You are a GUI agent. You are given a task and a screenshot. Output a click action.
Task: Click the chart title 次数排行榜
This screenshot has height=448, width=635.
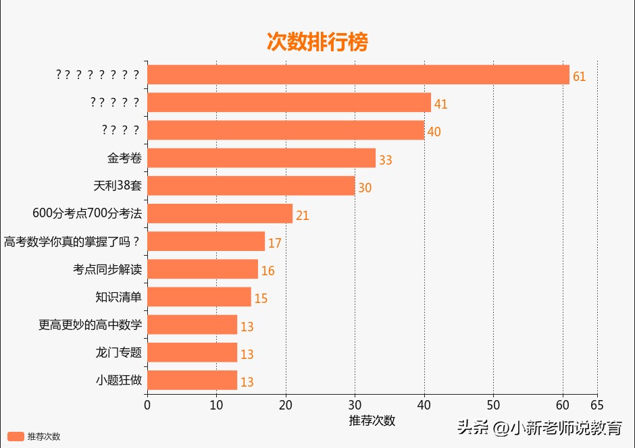tap(317, 42)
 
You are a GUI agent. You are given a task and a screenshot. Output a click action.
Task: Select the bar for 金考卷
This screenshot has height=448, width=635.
tap(261, 158)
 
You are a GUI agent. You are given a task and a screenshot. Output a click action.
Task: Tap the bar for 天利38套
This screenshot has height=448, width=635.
tap(251, 186)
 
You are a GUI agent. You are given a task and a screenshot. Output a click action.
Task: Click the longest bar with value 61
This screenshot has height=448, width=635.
tap(358, 75)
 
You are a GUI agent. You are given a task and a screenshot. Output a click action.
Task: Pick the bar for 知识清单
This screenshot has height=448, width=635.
tap(199, 297)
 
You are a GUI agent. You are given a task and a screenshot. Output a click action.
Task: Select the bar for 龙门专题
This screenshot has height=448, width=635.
tap(192, 352)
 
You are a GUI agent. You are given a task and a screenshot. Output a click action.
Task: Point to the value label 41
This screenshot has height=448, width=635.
tap(440, 105)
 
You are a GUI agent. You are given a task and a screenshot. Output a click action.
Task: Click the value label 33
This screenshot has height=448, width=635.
tap(385, 161)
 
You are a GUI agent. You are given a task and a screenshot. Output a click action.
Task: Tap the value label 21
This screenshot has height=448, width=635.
tap(302, 216)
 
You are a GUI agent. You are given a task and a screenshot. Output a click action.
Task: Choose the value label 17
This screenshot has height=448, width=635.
tap(274, 244)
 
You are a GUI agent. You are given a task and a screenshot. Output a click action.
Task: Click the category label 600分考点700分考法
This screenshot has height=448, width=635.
tap(87, 214)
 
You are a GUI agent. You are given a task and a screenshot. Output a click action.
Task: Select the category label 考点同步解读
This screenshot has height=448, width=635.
tap(107, 269)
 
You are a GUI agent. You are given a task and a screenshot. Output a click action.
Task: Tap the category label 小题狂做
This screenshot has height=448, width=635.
tap(118, 380)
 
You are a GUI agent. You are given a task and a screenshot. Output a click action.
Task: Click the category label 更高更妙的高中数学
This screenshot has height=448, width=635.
tap(90, 325)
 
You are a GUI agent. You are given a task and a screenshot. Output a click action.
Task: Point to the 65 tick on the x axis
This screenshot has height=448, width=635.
tap(597, 405)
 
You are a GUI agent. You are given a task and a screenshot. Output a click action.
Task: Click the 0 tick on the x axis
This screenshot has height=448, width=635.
tap(147, 405)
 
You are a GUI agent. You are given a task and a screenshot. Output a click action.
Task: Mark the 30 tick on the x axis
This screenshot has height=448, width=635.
tap(355, 405)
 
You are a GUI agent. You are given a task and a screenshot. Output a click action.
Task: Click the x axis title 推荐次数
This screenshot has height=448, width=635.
tap(372, 420)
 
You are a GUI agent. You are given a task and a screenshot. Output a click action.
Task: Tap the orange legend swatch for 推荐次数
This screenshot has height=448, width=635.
tap(16, 437)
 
